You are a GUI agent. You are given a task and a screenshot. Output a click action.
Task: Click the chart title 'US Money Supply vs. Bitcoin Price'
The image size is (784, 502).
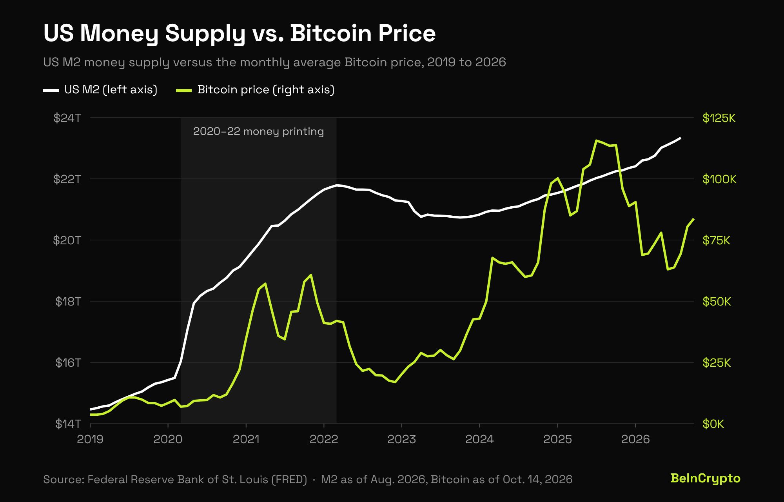pos(239,34)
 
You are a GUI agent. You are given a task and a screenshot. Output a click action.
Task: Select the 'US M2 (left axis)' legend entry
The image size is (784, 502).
pos(100,90)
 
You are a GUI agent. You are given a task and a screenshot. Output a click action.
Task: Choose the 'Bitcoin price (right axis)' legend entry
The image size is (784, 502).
pos(256,90)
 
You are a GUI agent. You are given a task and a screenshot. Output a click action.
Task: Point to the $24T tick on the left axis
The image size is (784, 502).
pos(67,118)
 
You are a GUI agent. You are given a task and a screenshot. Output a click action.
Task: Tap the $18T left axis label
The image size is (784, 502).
pos(68,301)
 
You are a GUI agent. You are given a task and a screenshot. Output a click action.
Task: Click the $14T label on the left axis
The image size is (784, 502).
pos(68,424)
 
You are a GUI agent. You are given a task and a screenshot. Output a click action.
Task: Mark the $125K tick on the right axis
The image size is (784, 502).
pos(719,118)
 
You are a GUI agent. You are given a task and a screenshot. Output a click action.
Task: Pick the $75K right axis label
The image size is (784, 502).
pos(716,240)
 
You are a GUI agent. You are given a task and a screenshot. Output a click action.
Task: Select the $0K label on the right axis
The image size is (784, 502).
pos(713,424)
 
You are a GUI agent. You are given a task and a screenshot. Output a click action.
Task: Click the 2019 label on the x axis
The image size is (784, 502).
pos(90,439)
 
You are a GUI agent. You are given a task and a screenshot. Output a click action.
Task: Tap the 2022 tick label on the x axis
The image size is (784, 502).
pos(324,439)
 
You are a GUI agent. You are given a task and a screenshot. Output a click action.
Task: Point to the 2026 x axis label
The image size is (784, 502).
pos(635,439)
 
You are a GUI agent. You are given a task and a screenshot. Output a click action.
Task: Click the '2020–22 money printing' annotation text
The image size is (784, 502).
pos(258,131)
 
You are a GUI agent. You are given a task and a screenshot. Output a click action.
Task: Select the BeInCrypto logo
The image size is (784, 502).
pos(705,478)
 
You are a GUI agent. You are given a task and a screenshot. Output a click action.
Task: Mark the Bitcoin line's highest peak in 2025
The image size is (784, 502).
pos(596,140)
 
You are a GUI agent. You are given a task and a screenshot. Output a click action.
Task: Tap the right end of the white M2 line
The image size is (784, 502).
pos(680,138)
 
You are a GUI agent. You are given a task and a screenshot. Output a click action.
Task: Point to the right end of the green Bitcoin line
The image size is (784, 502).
pos(693,219)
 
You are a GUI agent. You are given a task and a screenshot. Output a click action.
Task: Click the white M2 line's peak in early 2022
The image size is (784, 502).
pos(336,185)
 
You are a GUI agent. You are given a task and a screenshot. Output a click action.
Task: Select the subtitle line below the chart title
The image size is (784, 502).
pos(274,62)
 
